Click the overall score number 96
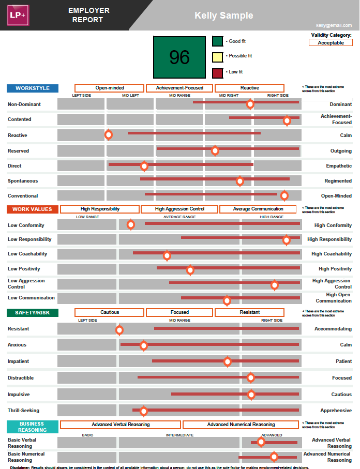coord(179,57)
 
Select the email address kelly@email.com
coord(334,25)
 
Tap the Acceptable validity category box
coord(331,43)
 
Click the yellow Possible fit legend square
coord(218,56)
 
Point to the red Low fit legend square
coord(218,72)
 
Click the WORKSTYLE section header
coord(32,88)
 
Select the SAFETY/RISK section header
coord(32,313)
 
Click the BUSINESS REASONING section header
coord(32,427)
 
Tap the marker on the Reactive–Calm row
coord(109,134)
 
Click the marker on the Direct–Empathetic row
coord(144,165)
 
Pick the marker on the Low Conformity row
coord(131,224)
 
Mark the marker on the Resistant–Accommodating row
coord(119,329)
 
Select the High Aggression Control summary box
coord(179,209)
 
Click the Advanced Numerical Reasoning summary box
coord(241,425)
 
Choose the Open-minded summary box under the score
coord(109,88)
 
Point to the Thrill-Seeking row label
coord(23,411)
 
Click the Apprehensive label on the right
coord(336,411)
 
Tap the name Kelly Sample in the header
coord(223,16)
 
